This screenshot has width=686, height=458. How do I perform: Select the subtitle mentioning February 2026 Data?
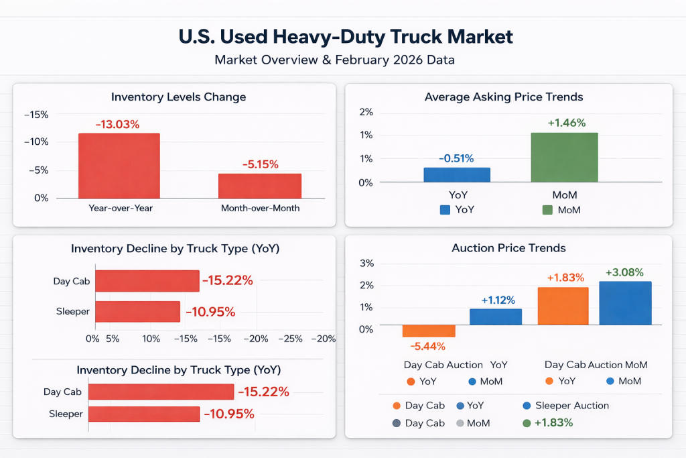coord(334,60)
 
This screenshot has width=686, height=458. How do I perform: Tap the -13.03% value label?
coord(117,124)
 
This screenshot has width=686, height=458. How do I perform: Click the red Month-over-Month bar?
coord(260,186)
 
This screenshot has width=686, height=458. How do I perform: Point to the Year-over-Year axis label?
coord(121,208)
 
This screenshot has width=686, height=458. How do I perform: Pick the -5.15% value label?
coord(260,164)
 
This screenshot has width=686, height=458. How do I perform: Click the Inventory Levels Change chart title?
coord(178,97)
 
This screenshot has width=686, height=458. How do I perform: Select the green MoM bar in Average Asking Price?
coord(564,157)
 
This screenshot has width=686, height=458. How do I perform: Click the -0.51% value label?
coord(456,158)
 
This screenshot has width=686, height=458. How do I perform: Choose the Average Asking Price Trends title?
coord(504,97)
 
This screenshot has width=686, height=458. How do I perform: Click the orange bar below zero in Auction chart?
coord(429,331)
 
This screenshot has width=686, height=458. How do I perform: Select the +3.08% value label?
coord(624,272)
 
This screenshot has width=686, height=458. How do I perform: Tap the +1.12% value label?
coord(496,300)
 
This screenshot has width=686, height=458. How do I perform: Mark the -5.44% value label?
coord(429,346)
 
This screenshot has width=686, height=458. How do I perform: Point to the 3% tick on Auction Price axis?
coord(366,263)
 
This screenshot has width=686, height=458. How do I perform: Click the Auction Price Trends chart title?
coord(508,248)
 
